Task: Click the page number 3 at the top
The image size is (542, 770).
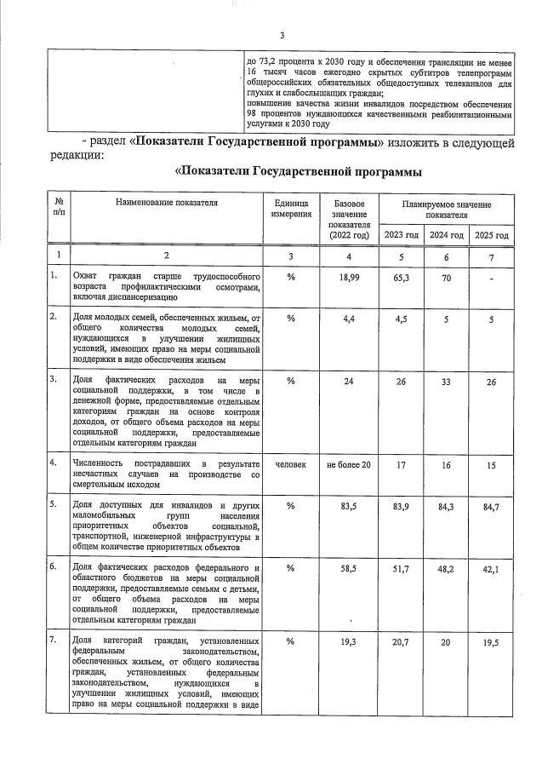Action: (282, 34)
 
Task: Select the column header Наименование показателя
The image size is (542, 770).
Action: (167, 203)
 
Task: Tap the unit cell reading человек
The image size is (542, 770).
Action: (290, 464)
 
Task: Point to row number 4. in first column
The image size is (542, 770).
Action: (54, 463)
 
